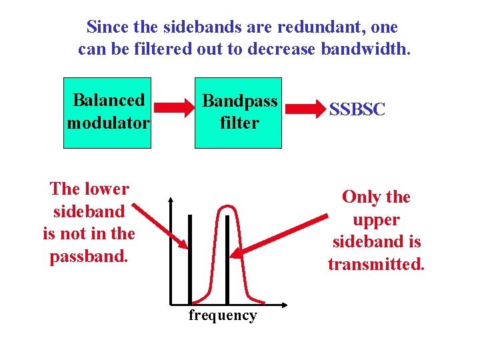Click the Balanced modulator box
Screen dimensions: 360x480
[107, 112]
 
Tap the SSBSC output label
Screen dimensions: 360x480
[357, 110]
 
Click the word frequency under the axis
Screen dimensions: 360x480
[222, 315]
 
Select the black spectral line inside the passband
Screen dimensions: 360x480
[228, 260]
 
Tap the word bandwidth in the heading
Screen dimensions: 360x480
[366, 49]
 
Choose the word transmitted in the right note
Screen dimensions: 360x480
[376, 265]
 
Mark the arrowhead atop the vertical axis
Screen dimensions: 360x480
[171, 199]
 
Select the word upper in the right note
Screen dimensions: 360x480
[376, 220]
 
